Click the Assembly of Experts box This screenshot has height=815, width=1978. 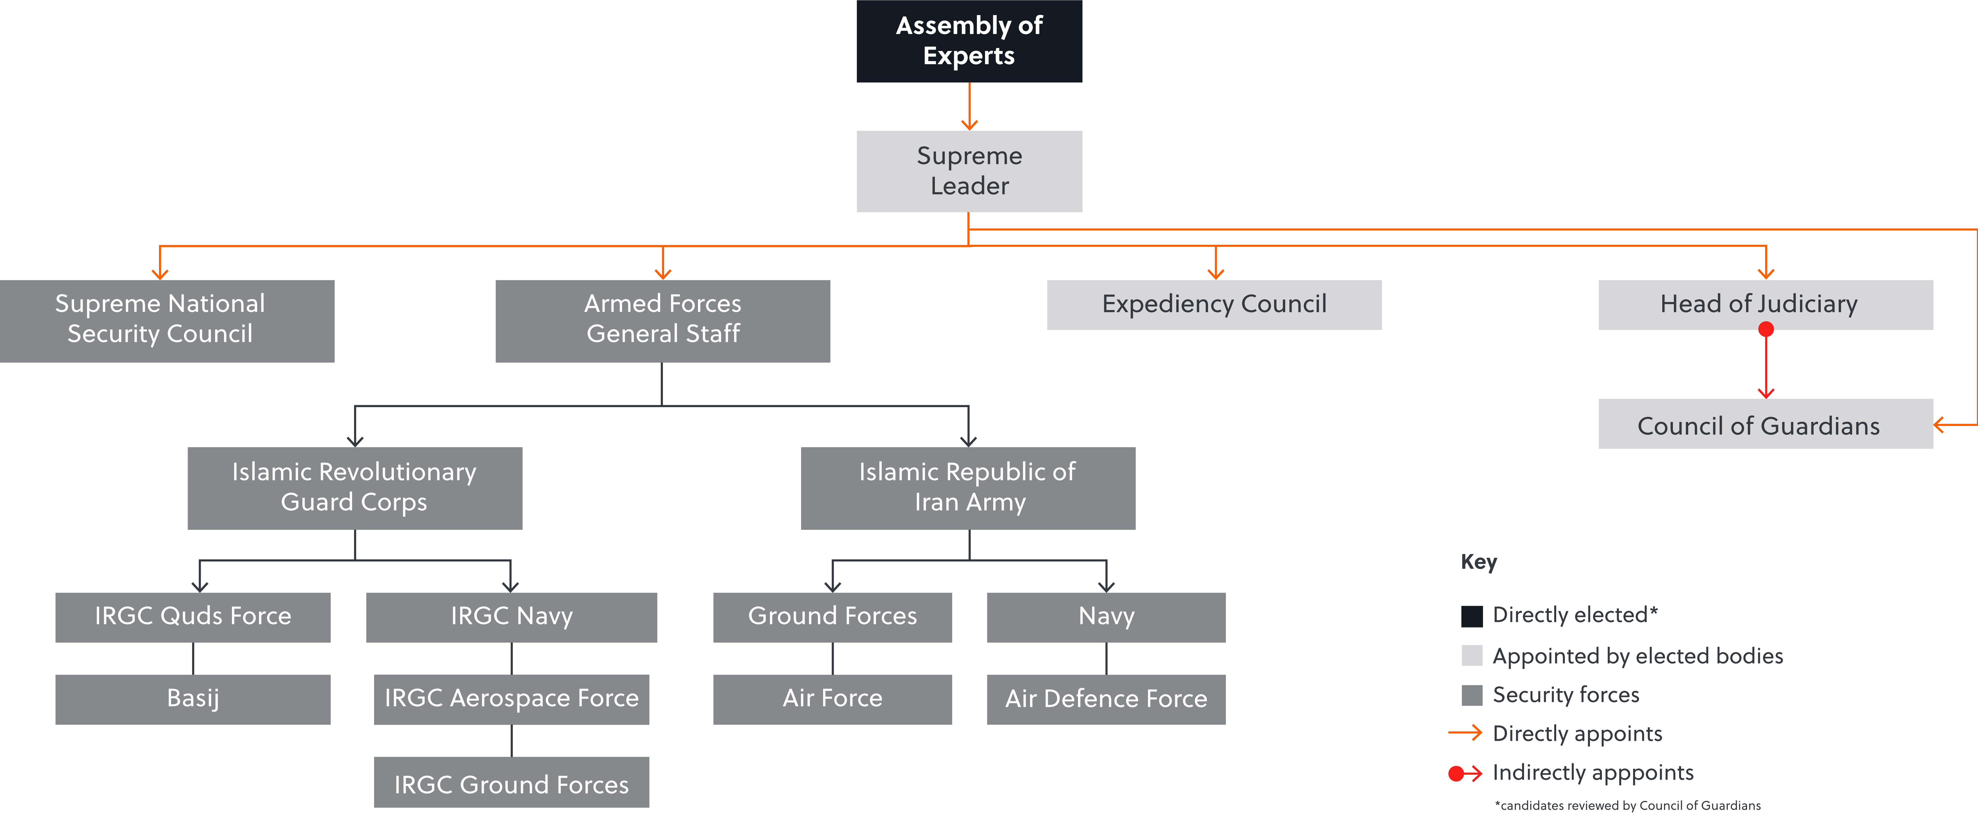click(969, 41)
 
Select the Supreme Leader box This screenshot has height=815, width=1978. click(969, 170)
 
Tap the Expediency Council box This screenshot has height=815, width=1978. click(1214, 304)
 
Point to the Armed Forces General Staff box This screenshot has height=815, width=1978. click(663, 320)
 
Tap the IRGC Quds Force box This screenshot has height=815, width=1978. click(193, 616)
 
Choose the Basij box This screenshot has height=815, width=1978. click(193, 698)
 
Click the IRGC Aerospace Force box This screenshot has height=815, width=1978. click(511, 698)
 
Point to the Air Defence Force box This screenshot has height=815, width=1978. click(1106, 698)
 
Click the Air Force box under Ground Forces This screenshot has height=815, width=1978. click(832, 698)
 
